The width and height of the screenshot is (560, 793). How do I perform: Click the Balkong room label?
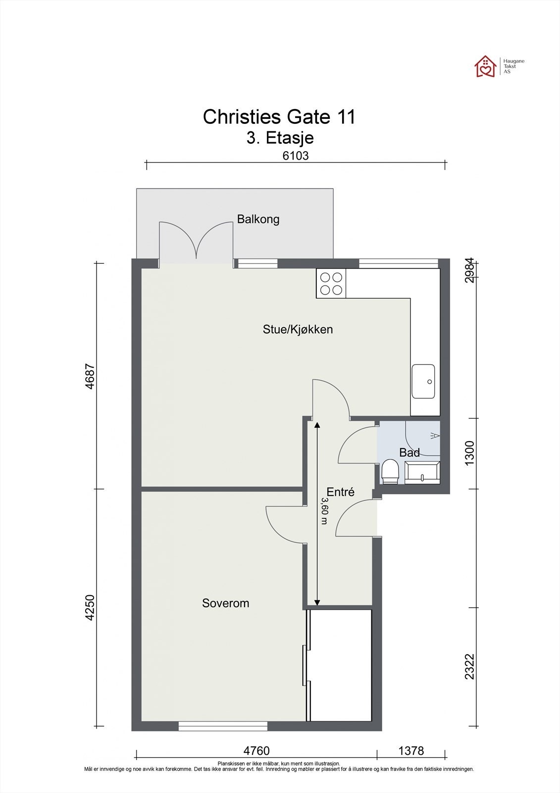point(258,219)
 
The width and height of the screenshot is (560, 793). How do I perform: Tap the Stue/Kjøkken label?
point(298,329)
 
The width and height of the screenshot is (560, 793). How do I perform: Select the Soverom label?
point(226,603)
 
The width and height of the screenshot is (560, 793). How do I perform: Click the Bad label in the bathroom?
point(409,453)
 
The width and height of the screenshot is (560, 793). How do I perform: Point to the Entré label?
point(340,492)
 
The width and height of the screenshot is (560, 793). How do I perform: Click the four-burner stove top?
point(331,283)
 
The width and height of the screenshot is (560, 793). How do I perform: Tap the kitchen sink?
point(423,382)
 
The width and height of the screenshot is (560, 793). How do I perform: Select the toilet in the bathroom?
point(390,471)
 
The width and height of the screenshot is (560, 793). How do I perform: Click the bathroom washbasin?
point(422,473)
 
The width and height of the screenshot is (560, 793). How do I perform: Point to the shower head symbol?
point(435,436)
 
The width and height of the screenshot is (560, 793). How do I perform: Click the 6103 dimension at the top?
point(296,156)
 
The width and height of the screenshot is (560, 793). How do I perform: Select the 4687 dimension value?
point(90,377)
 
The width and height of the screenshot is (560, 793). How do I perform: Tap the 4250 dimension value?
point(90,607)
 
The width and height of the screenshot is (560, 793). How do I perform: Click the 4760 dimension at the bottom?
point(256,750)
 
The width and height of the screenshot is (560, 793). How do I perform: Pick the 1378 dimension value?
point(411,750)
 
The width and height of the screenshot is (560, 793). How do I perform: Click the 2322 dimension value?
point(469,667)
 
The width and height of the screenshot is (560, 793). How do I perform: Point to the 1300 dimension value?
point(469,453)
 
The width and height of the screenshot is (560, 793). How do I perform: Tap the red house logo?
point(485,66)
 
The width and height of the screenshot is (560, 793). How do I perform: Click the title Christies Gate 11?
point(279,116)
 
